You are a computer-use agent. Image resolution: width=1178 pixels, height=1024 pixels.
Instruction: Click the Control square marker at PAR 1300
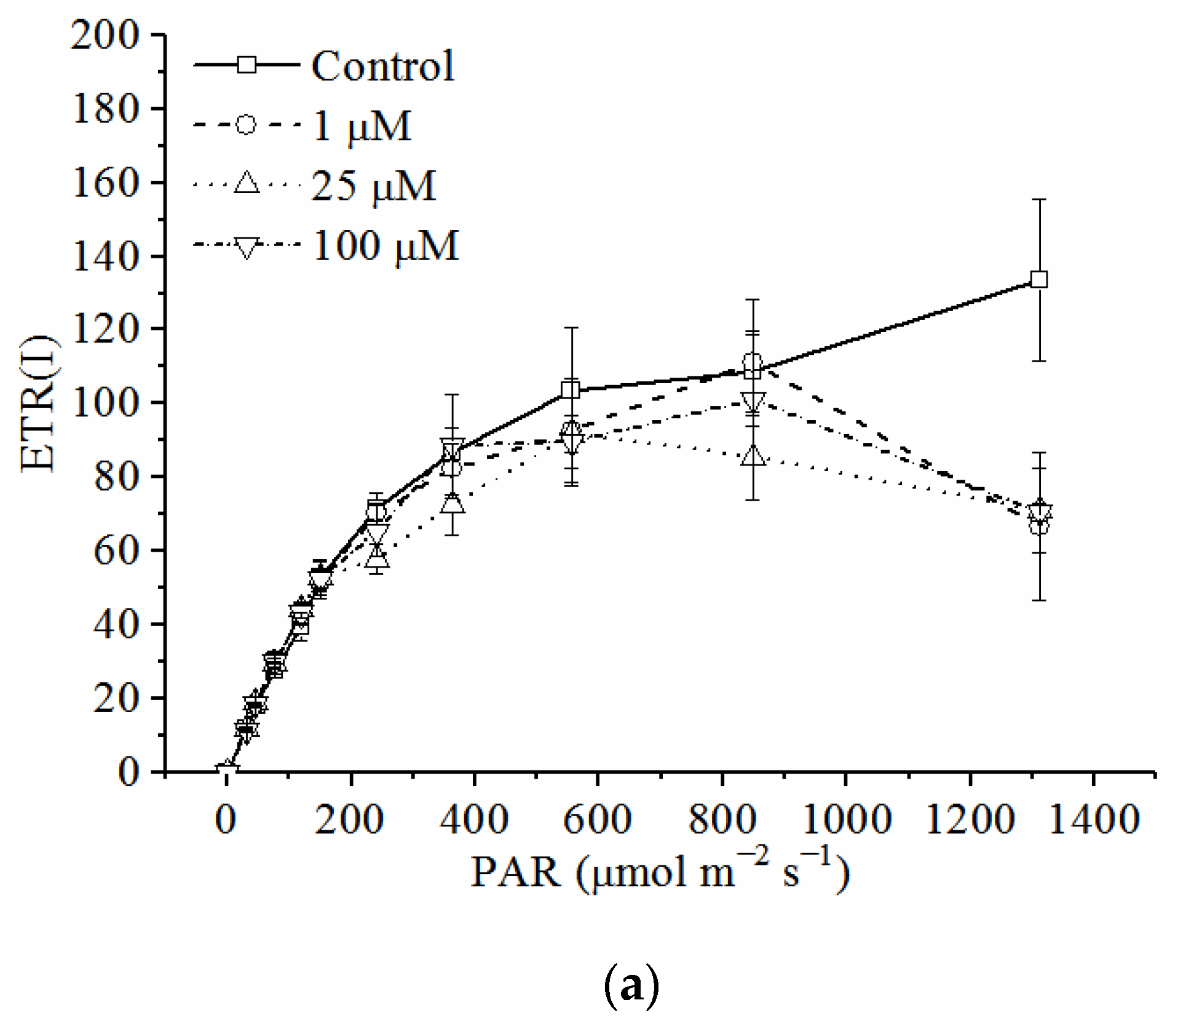[1038, 279]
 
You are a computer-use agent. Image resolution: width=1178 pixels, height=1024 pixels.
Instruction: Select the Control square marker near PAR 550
[571, 390]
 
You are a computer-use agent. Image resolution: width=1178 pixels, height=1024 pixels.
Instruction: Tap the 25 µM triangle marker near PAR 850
[754, 456]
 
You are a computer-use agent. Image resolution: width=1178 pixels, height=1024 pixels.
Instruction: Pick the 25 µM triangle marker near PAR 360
[453, 503]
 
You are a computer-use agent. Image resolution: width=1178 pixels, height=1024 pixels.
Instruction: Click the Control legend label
[382, 66]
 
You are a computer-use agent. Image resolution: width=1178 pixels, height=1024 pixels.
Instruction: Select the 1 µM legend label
[362, 126]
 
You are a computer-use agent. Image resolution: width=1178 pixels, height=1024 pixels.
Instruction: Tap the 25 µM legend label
[373, 186]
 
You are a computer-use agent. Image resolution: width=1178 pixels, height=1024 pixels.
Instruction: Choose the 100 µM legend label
[385, 246]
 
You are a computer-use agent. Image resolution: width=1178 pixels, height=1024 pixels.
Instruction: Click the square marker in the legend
[247, 65]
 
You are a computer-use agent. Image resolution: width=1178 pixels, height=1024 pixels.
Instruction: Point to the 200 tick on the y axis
[105, 35]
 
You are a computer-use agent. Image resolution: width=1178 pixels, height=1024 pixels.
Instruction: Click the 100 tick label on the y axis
[105, 403]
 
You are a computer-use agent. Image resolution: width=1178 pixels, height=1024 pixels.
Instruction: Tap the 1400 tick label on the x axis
[1094, 820]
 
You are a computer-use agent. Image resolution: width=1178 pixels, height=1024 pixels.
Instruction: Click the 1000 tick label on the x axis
[846, 820]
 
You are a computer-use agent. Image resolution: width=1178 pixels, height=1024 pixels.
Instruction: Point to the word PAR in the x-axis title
[515, 872]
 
